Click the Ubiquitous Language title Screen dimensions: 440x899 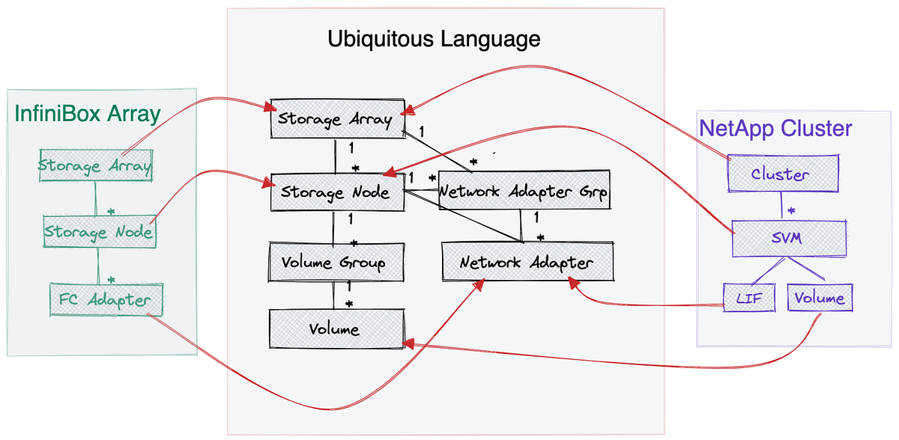coord(434,38)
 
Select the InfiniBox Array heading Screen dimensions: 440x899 coord(88,114)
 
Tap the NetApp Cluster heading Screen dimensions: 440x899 coord(775,128)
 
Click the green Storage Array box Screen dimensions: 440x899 coord(95,165)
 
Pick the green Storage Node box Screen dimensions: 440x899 coord(98,231)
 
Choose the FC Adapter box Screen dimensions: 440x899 coord(105,301)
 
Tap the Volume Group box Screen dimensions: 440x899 coord(333,263)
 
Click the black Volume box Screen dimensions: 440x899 coord(333,329)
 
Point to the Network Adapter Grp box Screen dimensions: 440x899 coord(523,192)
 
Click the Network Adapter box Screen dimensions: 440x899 coord(527,263)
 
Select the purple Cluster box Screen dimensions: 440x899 coord(780,174)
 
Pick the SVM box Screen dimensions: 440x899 coord(787,237)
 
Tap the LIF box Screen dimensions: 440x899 coord(749,299)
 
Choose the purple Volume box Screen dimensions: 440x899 coord(820,299)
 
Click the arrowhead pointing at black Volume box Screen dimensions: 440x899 coord(409,343)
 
